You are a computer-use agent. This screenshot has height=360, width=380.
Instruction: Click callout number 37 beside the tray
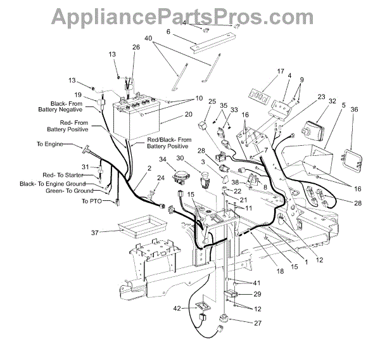(x=96, y=233)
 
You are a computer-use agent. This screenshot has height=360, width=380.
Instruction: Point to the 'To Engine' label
(x=50, y=145)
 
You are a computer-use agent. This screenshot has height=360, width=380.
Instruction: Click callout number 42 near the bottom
(x=179, y=309)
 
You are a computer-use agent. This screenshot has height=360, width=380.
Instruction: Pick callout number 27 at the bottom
(x=258, y=323)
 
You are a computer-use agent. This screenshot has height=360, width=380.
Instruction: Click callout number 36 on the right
(x=353, y=110)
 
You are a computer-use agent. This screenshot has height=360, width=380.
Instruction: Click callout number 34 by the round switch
(x=163, y=160)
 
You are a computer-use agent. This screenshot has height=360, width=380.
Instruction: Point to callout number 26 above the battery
(x=136, y=48)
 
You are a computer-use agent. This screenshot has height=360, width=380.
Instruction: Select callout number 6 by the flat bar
(x=168, y=31)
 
